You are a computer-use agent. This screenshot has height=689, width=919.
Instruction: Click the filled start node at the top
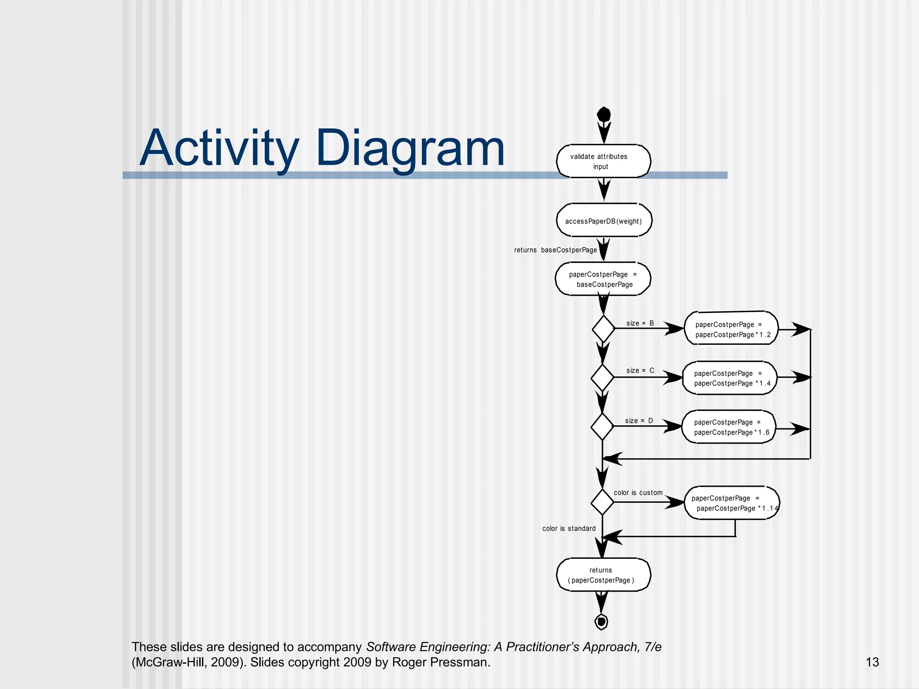coord(604,114)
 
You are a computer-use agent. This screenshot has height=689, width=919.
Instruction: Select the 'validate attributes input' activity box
coord(603,161)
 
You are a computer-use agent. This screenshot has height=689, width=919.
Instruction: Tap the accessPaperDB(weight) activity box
coord(604,221)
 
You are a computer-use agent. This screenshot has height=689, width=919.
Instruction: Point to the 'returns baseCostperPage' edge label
coord(555,250)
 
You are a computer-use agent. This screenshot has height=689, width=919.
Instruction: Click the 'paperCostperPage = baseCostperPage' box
coord(603,279)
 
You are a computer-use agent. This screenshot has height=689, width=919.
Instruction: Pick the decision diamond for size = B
coord(603,329)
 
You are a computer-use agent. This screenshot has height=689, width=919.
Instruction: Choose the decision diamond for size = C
coord(602,377)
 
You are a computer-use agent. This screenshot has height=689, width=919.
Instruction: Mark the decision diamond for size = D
coord(602,426)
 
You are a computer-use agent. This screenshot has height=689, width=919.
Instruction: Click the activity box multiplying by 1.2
coord(731,329)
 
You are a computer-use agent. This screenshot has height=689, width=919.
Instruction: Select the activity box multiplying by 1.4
coord(730,378)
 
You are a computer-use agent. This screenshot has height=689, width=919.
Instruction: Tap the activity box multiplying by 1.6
coord(729,427)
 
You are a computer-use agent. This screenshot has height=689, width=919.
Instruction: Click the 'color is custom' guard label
coord(638,493)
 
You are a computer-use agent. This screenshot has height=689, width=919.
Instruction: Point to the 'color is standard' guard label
coord(569,528)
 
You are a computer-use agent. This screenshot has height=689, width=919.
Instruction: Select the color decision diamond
coord(602,502)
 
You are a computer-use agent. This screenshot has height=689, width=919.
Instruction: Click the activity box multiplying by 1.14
coord(732,503)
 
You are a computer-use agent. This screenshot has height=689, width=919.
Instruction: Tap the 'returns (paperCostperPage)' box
coord(603,575)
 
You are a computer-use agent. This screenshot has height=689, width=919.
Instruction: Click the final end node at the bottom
coord(601,622)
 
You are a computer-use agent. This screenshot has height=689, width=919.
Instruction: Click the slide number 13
coord(872,662)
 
